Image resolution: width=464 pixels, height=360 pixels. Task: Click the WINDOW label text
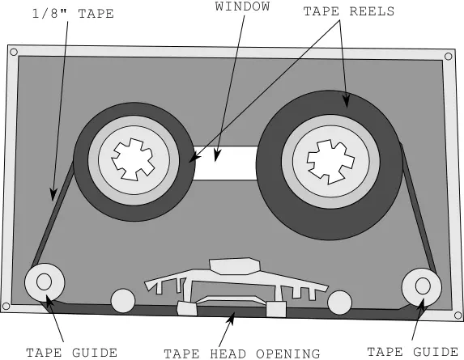(242, 6)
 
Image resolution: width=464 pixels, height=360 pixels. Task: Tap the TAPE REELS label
(349, 11)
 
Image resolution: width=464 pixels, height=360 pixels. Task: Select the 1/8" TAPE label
(73, 14)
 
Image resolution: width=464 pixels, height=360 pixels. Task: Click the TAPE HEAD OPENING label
(242, 354)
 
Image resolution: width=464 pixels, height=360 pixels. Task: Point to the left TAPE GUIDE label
(71, 353)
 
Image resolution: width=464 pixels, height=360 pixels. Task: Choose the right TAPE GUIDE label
(412, 352)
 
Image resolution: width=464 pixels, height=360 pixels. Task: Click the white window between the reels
(225, 163)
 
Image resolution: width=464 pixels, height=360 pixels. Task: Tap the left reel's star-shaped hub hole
(133, 159)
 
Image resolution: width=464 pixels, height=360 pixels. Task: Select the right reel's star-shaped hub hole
(330, 162)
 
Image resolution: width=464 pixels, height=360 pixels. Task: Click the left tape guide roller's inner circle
(44, 282)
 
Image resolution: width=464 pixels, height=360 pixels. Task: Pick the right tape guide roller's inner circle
(423, 286)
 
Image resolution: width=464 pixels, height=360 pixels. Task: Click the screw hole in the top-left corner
(14, 53)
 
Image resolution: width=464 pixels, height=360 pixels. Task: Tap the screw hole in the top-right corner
(449, 56)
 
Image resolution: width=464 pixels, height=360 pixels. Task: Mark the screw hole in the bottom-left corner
(6, 307)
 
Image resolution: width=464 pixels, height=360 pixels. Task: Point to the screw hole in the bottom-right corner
(458, 316)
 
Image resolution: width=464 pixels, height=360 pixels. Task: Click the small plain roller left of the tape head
(123, 301)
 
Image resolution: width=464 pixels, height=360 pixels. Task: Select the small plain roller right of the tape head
(340, 303)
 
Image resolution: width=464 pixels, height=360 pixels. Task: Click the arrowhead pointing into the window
(217, 155)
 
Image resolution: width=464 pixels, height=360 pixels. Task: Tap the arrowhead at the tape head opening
(232, 318)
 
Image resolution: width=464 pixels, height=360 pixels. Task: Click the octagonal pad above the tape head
(235, 266)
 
